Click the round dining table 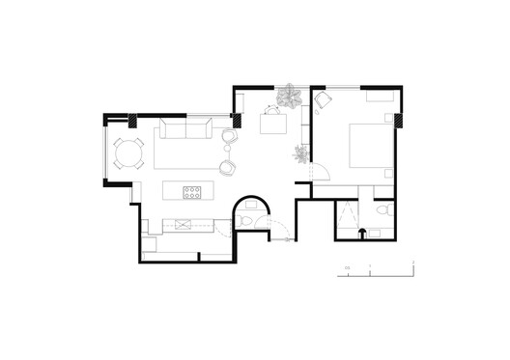coord(127,152)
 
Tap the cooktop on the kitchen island coord(192,190)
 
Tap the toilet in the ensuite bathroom coord(383,209)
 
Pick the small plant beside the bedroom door coord(300,152)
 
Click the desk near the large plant coord(274,124)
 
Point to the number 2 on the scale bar coord(412,263)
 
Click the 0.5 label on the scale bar coord(346,266)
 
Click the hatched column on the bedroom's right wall coord(398,120)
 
